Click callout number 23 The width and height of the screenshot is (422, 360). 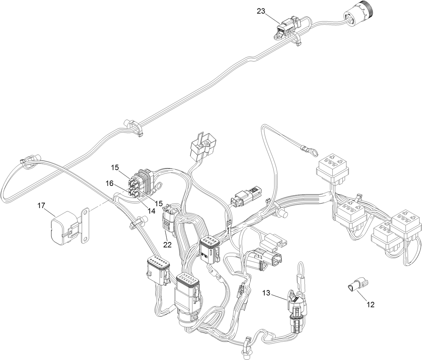[261, 11]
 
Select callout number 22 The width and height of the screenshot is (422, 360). [167, 245]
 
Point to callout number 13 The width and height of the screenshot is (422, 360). [266, 293]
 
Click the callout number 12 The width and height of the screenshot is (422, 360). [370, 305]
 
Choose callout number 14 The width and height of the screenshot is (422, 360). [151, 211]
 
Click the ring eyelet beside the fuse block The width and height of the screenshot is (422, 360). [158, 185]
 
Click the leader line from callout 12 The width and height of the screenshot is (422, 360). [363, 295]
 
